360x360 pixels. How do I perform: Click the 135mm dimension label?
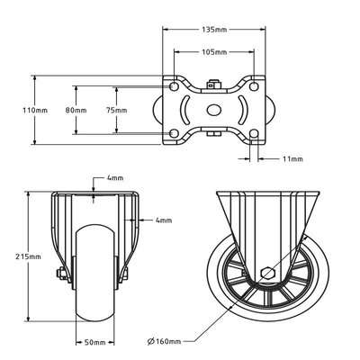tap(214, 30)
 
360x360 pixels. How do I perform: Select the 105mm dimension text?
tap(214, 52)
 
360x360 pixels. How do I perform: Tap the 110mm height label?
tap(35, 110)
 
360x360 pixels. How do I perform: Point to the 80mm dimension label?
tap(76, 110)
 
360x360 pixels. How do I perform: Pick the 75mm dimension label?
tap(116, 110)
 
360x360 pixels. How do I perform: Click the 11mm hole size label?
tap(292, 158)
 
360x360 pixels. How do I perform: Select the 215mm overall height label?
tap(28, 256)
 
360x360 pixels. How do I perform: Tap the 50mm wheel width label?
tap(94, 342)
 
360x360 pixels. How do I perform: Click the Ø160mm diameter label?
tap(165, 341)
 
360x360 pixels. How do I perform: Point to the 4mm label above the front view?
tap(115, 178)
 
